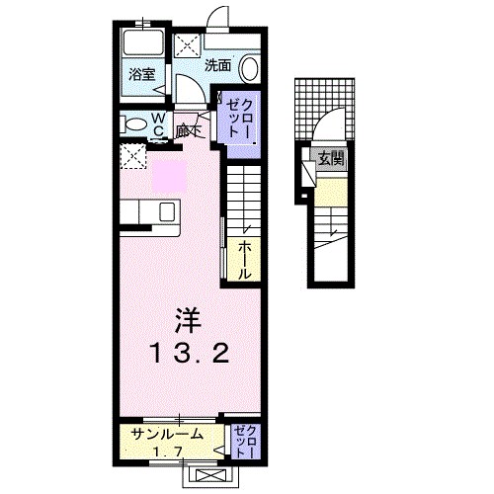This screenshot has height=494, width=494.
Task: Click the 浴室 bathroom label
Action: pos(142,74)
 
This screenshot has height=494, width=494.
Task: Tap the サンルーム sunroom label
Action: pos(164,432)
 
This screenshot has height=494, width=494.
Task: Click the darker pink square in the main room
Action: pos(169,177)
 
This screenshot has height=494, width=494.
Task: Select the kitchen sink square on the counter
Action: pos(166,211)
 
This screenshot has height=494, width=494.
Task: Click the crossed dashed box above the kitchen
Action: pos(130,156)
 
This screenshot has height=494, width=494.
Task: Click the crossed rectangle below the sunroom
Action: pos(211,473)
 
